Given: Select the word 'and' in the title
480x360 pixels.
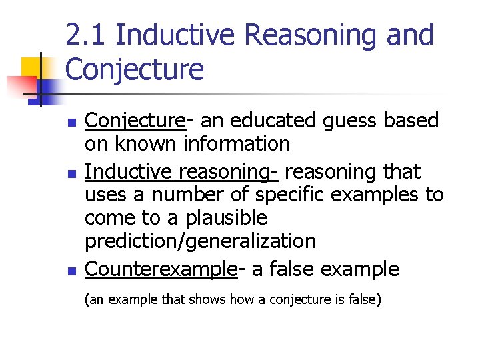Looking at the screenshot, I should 409,35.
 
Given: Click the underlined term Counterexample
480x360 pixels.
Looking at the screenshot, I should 161,269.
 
